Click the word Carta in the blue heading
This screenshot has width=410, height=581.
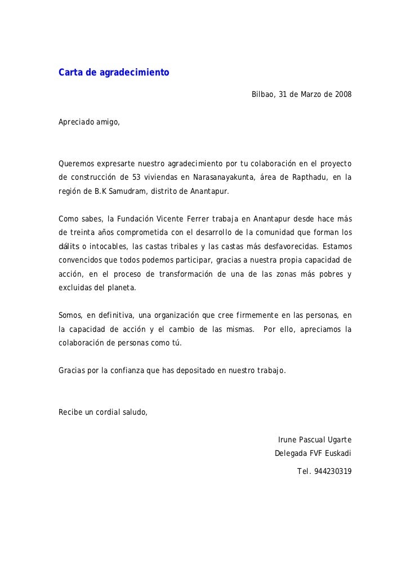click(x=71, y=73)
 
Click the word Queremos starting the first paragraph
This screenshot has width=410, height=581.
click(x=76, y=164)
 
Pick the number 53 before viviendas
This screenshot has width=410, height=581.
click(x=144, y=178)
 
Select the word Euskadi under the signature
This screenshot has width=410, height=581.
click(x=337, y=453)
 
